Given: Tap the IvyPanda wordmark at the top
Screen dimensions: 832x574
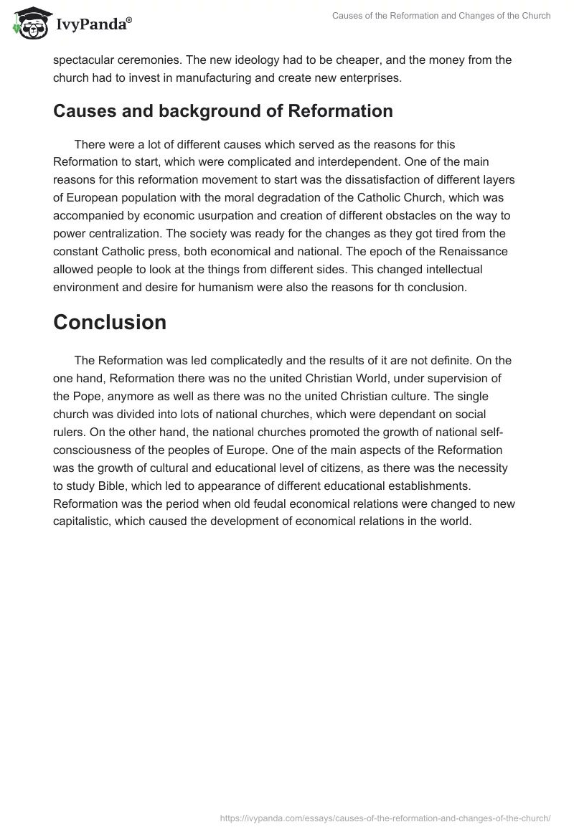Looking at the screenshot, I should [93, 24].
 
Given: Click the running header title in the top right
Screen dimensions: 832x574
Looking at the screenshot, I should [441, 16].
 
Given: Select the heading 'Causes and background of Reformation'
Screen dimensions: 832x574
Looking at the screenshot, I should [223, 111].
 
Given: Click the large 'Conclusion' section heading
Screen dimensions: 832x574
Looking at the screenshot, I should [110, 322].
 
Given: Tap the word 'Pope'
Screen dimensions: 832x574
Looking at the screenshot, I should [86, 396].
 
